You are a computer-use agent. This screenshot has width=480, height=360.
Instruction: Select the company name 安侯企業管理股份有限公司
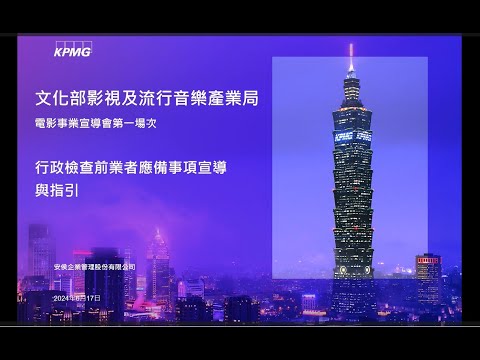93,267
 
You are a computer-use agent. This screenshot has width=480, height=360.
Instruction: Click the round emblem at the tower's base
352,270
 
